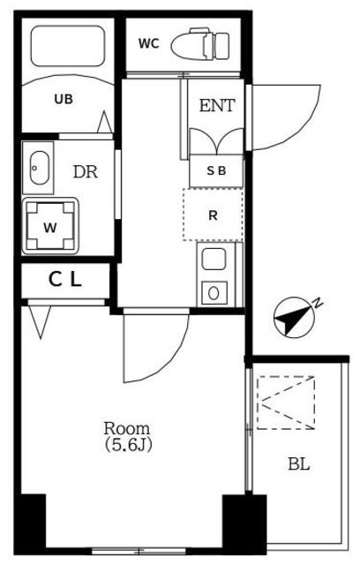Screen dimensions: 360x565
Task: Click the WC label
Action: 149,44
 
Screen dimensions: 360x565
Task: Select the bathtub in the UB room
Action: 68,46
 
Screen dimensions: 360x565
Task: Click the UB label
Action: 64,99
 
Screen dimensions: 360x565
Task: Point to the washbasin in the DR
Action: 39,168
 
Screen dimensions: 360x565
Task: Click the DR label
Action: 86,172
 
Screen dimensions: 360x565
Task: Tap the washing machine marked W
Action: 50,226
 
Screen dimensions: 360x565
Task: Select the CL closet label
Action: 65,280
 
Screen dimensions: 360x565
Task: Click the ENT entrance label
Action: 217,105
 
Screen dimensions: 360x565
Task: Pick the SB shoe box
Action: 216,170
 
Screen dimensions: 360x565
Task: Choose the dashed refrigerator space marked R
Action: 213,215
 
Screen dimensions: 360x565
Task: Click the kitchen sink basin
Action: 214,260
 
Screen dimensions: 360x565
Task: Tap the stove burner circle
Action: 214,293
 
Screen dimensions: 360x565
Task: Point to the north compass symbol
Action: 295,318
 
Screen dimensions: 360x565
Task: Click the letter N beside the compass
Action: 318,304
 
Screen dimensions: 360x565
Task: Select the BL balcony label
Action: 299,464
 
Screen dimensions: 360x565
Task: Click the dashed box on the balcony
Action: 286,403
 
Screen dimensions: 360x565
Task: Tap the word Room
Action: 127,428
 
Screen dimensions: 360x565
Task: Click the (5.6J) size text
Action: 128,445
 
